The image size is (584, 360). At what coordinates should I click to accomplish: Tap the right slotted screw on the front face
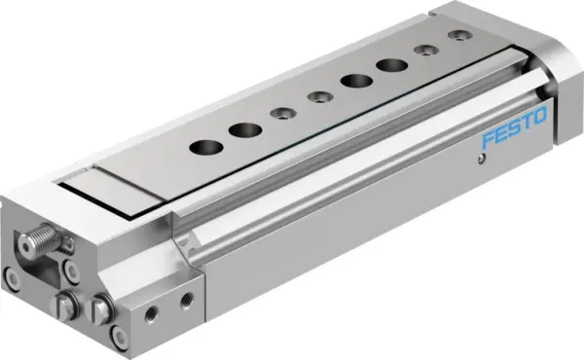[x=100, y=309]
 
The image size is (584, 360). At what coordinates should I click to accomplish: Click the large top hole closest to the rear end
[x=392, y=66]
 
